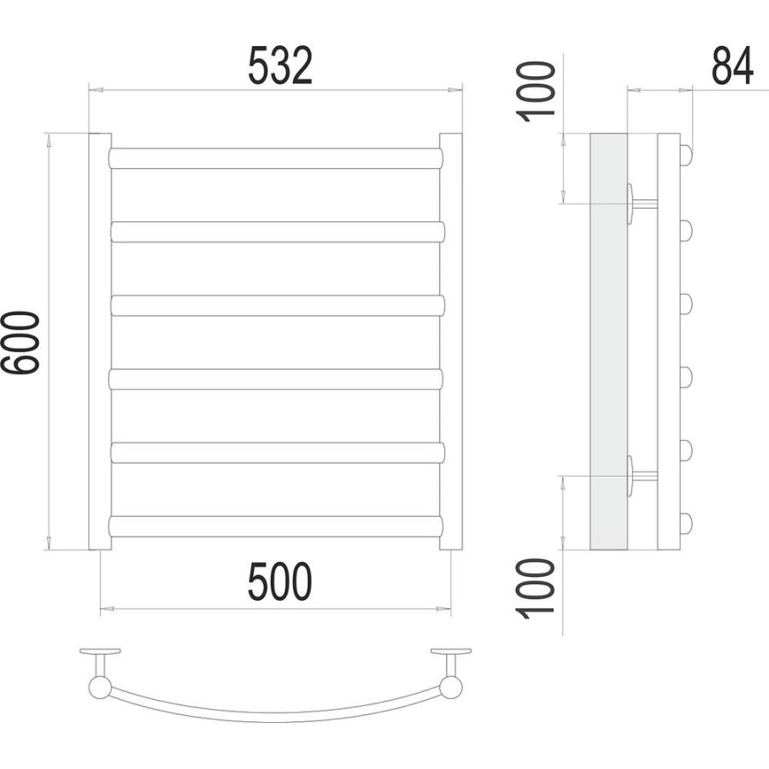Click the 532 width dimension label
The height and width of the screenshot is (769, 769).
point(280,66)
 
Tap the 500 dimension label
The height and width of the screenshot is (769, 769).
point(280,582)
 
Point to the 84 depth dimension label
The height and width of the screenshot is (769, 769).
point(731,66)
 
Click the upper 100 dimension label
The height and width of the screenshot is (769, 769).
point(536,91)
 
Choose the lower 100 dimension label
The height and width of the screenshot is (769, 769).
point(536,588)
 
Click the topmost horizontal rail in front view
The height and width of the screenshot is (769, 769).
point(276,158)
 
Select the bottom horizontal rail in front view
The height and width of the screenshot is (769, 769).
point(276,526)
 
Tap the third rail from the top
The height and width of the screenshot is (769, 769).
point(278,306)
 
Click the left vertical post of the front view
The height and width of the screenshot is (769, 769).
point(100,341)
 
